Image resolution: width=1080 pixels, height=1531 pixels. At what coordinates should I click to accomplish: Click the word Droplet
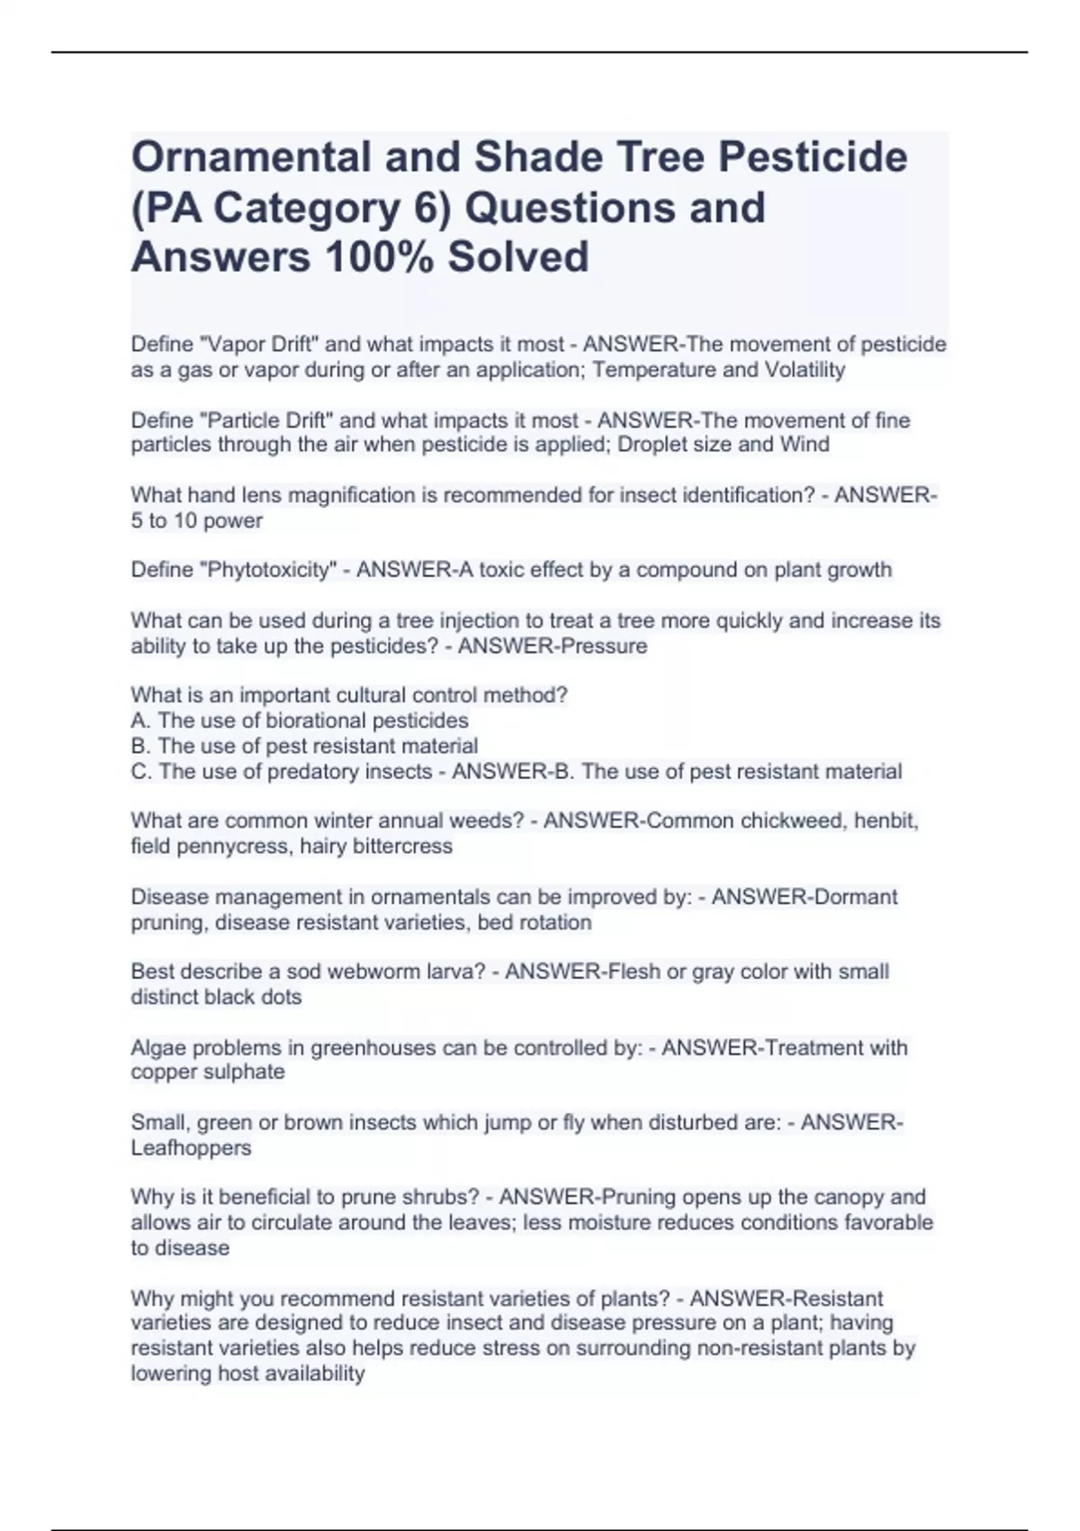pos(654,445)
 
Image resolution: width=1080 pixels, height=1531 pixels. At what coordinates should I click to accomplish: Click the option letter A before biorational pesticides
pos(139,721)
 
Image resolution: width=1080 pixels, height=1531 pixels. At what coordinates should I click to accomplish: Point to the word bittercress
pos(402,847)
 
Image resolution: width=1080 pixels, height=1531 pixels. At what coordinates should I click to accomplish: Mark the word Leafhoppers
pos(191,1148)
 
